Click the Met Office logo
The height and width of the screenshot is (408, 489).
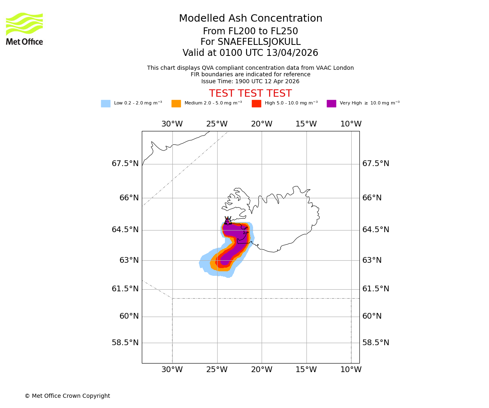click(x=24, y=29)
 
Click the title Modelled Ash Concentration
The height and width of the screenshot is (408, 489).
click(x=250, y=19)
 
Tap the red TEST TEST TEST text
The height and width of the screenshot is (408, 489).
click(x=250, y=93)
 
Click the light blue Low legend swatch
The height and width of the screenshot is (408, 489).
click(x=106, y=103)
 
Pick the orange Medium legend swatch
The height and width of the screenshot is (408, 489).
click(x=176, y=103)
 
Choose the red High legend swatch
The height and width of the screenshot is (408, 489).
click(x=256, y=103)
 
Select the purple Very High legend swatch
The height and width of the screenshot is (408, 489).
click(x=331, y=103)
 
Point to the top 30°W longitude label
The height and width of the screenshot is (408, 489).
click(x=172, y=124)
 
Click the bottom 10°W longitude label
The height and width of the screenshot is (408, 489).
click(x=351, y=370)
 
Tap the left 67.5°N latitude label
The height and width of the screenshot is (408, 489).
click(x=125, y=164)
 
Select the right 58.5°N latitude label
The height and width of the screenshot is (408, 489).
click(x=376, y=343)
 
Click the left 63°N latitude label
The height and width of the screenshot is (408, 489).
click(x=129, y=260)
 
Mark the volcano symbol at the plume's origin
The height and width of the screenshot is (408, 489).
click(x=227, y=221)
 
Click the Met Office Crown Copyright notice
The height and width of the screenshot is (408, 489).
click(x=67, y=396)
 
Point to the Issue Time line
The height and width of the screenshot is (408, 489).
click(x=250, y=81)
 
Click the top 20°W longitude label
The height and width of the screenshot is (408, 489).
click(x=262, y=124)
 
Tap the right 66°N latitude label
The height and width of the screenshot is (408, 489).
click(x=372, y=198)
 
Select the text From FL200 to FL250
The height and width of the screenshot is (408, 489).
click(x=250, y=31)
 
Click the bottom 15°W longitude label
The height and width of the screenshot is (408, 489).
click(x=306, y=370)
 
